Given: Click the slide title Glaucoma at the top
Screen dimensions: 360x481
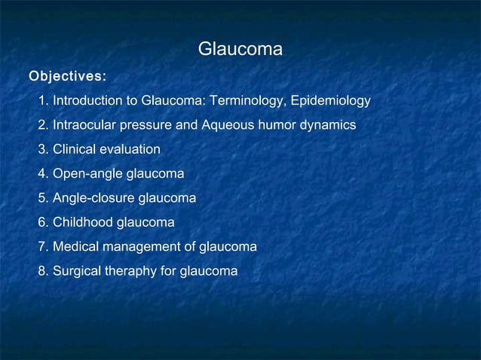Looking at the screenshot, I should click(240, 50).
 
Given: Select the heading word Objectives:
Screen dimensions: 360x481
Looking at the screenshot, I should click(67, 76).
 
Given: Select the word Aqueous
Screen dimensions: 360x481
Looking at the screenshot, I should click(227, 125).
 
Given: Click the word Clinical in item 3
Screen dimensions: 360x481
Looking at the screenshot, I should click(74, 149).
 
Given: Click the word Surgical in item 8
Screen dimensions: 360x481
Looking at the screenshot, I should click(77, 271).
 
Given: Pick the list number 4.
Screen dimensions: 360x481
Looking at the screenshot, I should click(42, 174).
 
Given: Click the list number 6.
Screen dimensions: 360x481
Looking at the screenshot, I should click(42, 222).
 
